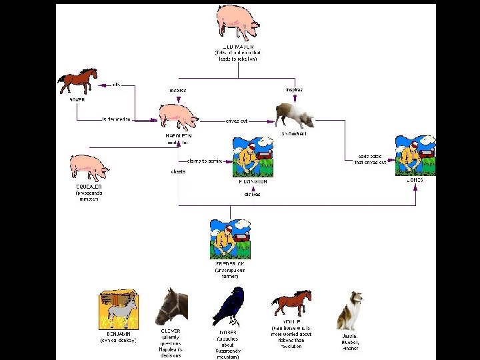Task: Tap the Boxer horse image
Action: pyautogui.click(x=77, y=81)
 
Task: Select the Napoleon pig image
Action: pyautogui.click(x=178, y=115)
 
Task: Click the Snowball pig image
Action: pyautogui.click(x=294, y=114)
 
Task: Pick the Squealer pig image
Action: pyautogui.click(x=89, y=167)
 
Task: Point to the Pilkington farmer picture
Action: pyautogui.click(x=253, y=157)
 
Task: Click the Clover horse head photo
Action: pyautogui.click(x=171, y=306)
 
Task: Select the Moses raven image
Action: pyautogui.click(x=229, y=306)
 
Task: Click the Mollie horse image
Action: pyautogui.click(x=291, y=304)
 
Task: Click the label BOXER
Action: pyautogui.click(x=77, y=99)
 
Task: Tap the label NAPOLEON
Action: pyautogui.click(x=178, y=135)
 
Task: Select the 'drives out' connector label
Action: pyautogui.click(x=237, y=121)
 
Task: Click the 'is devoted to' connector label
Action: pyautogui.click(x=117, y=119)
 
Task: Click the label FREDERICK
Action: pyautogui.click(x=229, y=265)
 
